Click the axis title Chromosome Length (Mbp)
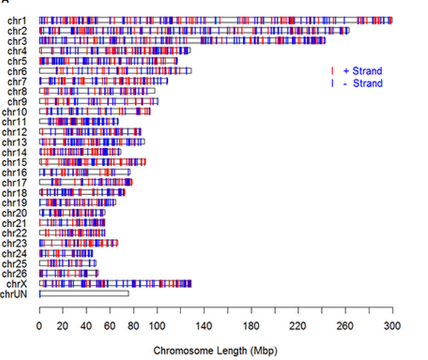(216, 350)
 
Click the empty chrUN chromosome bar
(85, 294)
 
